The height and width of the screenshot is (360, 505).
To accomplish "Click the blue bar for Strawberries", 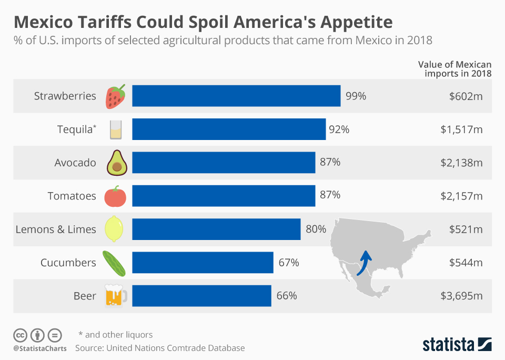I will click(x=236, y=96).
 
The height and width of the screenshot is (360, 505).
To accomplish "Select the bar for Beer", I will click(x=201, y=296).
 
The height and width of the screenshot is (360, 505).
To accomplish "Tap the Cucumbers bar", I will click(x=203, y=262).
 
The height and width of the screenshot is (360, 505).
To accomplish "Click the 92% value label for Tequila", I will click(x=339, y=129).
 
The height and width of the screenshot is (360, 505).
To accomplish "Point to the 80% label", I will click(x=316, y=229).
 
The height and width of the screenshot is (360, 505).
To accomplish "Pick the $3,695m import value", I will click(x=461, y=296).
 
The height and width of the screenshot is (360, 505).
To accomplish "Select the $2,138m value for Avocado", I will click(x=461, y=163).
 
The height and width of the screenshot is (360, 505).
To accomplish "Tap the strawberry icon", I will click(x=116, y=96).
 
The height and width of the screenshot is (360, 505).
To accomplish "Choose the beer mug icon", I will click(x=116, y=295).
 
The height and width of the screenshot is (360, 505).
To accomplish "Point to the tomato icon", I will click(x=115, y=196).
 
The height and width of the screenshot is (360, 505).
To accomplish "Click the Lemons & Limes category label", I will click(x=56, y=229).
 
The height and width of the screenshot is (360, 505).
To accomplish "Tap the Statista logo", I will click(x=457, y=344).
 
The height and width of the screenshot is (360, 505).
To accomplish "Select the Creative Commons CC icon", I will click(x=20, y=335).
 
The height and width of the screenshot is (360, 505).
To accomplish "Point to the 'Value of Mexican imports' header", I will click(x=455, y=68).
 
